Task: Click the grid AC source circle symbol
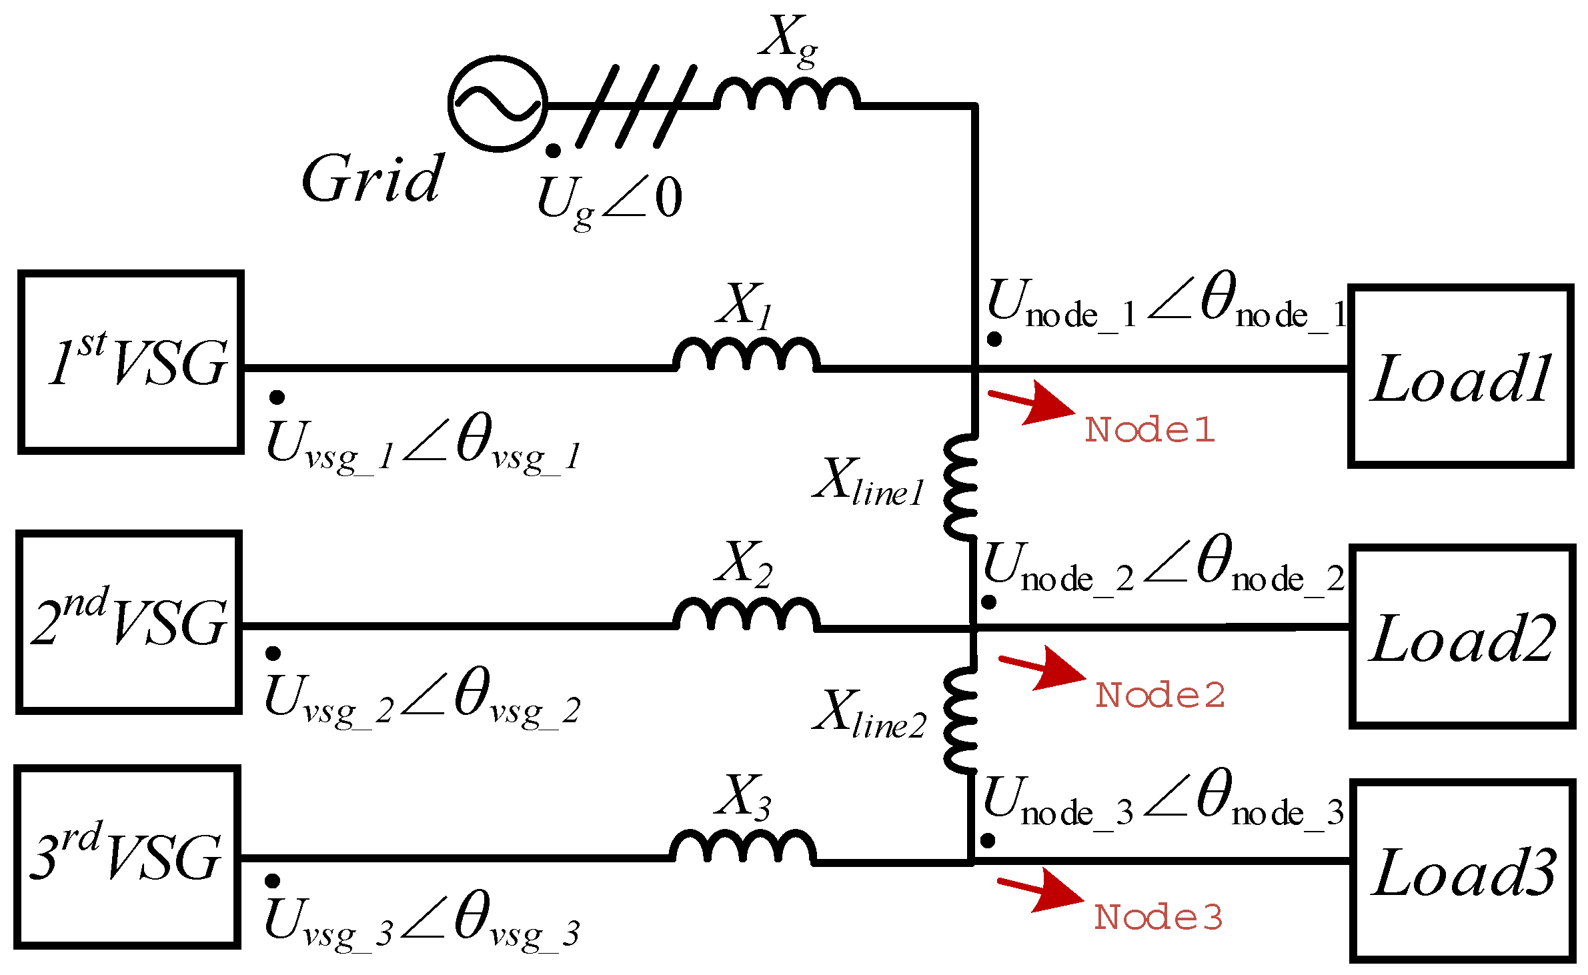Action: click(x=498, y=104)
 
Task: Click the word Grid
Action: click(x=372, y=179)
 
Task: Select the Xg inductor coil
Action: click(x=787, y=94)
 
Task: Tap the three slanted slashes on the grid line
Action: click(x=636, y=107)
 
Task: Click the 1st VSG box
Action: click(x=131, y=362)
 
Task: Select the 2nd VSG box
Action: click(x=129, y=622)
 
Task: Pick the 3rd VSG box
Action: click(x=127, y=857)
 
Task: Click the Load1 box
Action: click(x=1460, y=377)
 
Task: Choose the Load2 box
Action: click(x=1462, y=637)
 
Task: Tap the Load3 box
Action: click(x=1463, y=871)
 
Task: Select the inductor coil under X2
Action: click(x=746, y=614)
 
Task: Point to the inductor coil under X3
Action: click(x=742, y=847)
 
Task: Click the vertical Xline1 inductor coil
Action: click(x=961, y=487)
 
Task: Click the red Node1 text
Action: click(x=1149, y=430)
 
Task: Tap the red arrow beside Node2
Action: click(x=1042, y=668)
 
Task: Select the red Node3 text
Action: click(x=1158, y=917)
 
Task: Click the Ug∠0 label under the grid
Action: click(x=610, y=200)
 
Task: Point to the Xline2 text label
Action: click(x=869, y=716)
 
